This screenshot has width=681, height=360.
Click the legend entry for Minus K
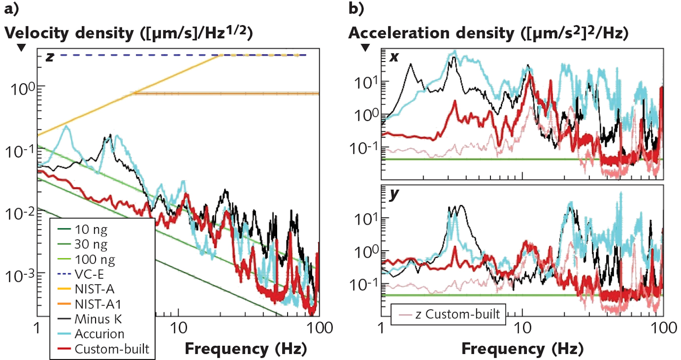click(x=99, y=319)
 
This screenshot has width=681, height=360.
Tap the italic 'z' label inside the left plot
click(x=49, y=58)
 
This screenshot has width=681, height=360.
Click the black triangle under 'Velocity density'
click(x=21, y=48)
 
